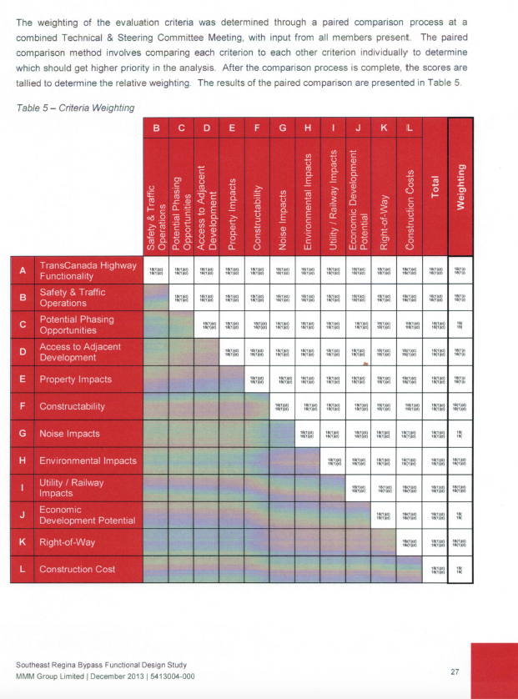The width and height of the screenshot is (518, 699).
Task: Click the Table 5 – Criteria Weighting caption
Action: point(70,107)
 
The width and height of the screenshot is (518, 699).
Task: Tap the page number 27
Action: point(455,671)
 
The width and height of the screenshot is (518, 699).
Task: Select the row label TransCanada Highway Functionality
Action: point(88,270)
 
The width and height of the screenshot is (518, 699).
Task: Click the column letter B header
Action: point(157,128)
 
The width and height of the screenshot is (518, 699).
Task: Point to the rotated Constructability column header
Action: point(259,215)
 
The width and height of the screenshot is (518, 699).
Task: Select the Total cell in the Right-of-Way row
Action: point(435,543)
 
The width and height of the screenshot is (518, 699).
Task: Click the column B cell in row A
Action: point(157,270)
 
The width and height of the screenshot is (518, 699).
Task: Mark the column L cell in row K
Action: point(409,543)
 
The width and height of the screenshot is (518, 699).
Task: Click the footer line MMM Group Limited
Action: point(105,676)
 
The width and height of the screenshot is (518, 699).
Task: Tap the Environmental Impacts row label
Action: point(88,460)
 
